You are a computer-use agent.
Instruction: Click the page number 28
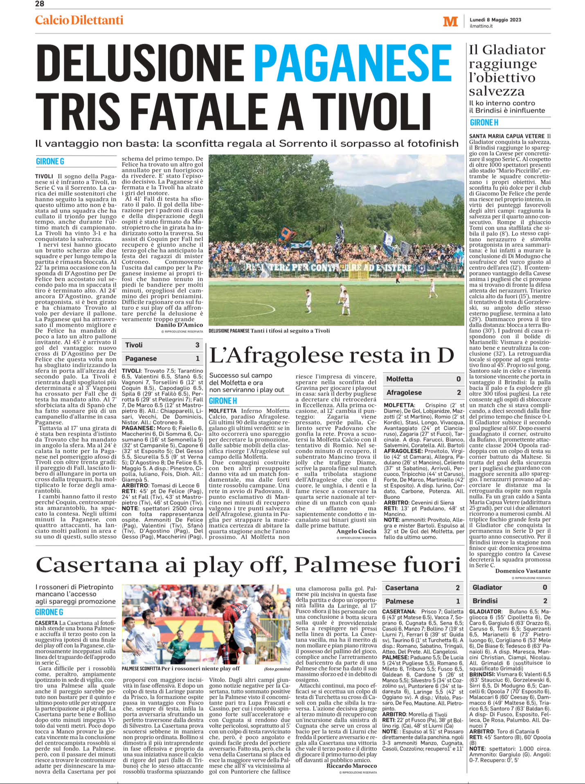point(40,4)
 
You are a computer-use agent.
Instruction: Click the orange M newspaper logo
point(450,22)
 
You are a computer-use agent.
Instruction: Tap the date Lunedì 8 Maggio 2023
point(495,20)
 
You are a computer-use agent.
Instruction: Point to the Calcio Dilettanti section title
point(79,20)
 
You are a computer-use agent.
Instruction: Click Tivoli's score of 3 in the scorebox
point(197,345)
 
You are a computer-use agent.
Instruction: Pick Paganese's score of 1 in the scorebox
point(197,359)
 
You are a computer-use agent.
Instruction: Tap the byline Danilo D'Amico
point(179,325)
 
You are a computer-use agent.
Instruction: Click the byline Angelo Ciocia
point(356,531)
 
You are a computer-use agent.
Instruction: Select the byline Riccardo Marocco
point(351,766)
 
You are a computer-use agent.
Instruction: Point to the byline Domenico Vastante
point(523,571)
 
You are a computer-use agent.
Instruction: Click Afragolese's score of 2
point(459,393)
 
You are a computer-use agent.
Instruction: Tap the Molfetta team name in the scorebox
point(400,379)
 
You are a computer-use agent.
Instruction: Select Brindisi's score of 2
point(545,601)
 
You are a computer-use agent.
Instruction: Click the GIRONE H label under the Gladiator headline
point(484,122)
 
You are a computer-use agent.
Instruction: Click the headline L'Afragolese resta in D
point(331,355)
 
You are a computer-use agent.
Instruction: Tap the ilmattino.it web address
point(481,26)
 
